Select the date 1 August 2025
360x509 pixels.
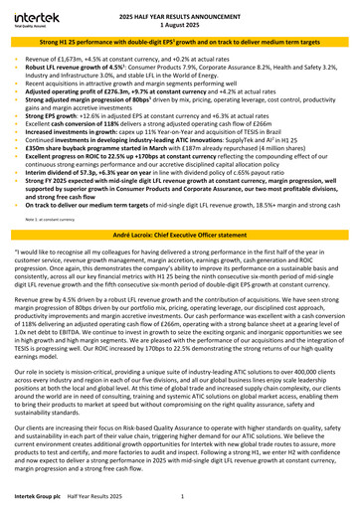pyautogui.click(x=180, y=20)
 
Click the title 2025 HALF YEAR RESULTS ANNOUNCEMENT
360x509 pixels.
pyautogui.click(x=180, y=11)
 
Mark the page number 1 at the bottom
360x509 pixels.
pyautogui.click(x=196, y=495)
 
